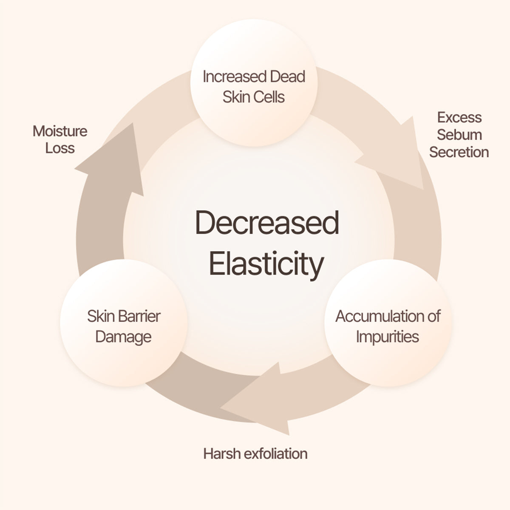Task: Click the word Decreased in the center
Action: point(267,223)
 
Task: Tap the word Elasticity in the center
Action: point(266,263)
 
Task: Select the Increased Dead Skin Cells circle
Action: point(254,87)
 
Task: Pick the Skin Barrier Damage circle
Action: point(124,326)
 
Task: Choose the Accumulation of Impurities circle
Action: point(388,326)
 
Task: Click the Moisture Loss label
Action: point(60,139)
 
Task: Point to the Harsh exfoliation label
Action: point(255,453)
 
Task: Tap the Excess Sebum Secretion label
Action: point(459,135)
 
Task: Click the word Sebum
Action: point(459,135)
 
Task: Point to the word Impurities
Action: point(388,337)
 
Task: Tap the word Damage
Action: point(123,337)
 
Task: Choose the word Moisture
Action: point(60,131)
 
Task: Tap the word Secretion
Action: point(459,152)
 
